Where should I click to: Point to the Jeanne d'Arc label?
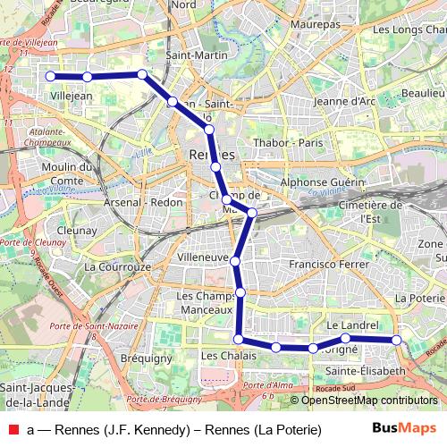(344, 101)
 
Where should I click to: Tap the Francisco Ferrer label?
(329, 265)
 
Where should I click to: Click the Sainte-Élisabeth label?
(365, 370)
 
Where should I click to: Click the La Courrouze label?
(117, 266)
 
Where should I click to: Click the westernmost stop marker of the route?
(51, 77)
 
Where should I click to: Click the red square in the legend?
(13, 430)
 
